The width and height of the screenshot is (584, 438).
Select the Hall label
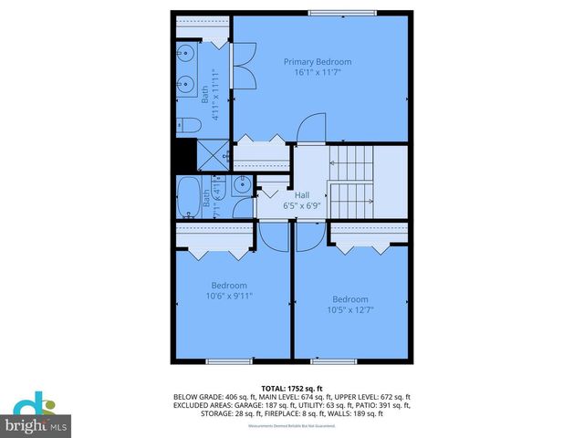pyautogui.click(x=302, y=194)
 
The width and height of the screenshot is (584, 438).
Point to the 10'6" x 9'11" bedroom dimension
pyautogui.click(x=229, y=296)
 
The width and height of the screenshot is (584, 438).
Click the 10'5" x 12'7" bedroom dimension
pyautogui.click(x=349, y=310)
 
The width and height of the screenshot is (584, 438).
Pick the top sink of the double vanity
pyautogui.click(x=186, y=53)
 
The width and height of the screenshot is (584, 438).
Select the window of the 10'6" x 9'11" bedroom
pyautogui.click(x=228, y=361)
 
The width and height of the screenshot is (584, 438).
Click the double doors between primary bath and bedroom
pyautogui.click(x=244, y=64)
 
